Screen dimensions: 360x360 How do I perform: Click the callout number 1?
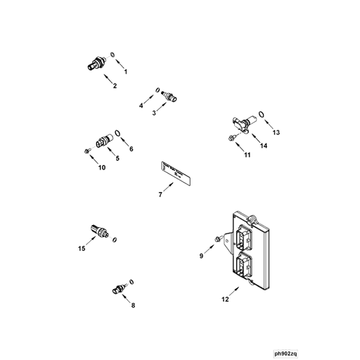(126, 72)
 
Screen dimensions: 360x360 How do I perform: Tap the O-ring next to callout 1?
(113, 54)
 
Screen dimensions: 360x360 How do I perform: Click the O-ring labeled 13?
(262, 115)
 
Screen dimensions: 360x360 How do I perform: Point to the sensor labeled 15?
(100, 231)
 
